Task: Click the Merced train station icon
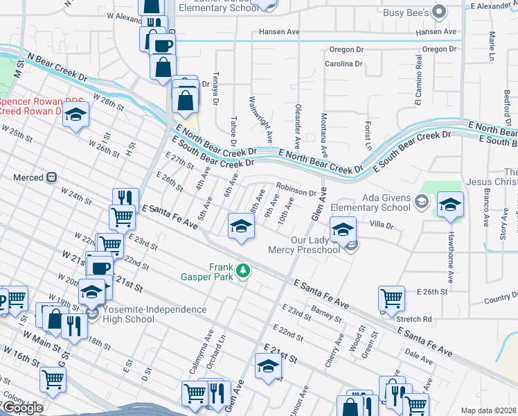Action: coord(51,177)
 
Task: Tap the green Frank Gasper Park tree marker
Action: coord(242,270)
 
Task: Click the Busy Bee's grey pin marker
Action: coord(438,11)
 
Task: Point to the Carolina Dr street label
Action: coord(344,64)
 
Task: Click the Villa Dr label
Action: coord(381,225)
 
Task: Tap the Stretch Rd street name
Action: coord(415,320)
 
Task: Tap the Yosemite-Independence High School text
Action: coord(147,314)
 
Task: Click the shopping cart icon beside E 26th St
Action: coord(391,298)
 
